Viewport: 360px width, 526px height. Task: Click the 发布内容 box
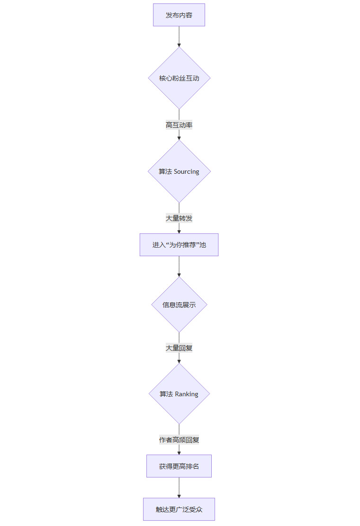click(179, 15)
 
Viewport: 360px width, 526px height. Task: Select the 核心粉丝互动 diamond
click(179, 78)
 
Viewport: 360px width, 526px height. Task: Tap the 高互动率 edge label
click(179, 125)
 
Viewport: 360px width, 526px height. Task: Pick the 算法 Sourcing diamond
click(179, 171)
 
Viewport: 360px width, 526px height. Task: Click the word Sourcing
click(187, 171)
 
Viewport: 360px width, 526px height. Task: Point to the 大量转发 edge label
click(179, 218)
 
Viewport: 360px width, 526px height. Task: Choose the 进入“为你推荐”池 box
click(179, 245)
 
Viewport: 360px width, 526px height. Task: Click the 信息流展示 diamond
click(179, 305)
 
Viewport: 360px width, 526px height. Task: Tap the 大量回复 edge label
click(179, 348)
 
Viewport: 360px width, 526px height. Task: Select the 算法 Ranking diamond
click(179, 394)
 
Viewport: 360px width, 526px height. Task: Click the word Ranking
click(187, 394)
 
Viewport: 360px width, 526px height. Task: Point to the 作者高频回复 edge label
click(179, 440)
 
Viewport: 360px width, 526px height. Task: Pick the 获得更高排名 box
click(179, 466)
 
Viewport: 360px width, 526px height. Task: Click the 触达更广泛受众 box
click(179, 509)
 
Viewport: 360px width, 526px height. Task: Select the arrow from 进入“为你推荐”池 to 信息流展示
click(179, 266)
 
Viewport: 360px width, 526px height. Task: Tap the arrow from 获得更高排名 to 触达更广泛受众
click(179, 487)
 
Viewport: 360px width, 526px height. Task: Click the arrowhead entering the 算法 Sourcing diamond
click(179, 138)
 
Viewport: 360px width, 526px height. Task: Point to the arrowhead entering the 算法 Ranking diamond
click(179, 361)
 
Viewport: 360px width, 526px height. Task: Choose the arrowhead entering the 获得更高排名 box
click(179, 453)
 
